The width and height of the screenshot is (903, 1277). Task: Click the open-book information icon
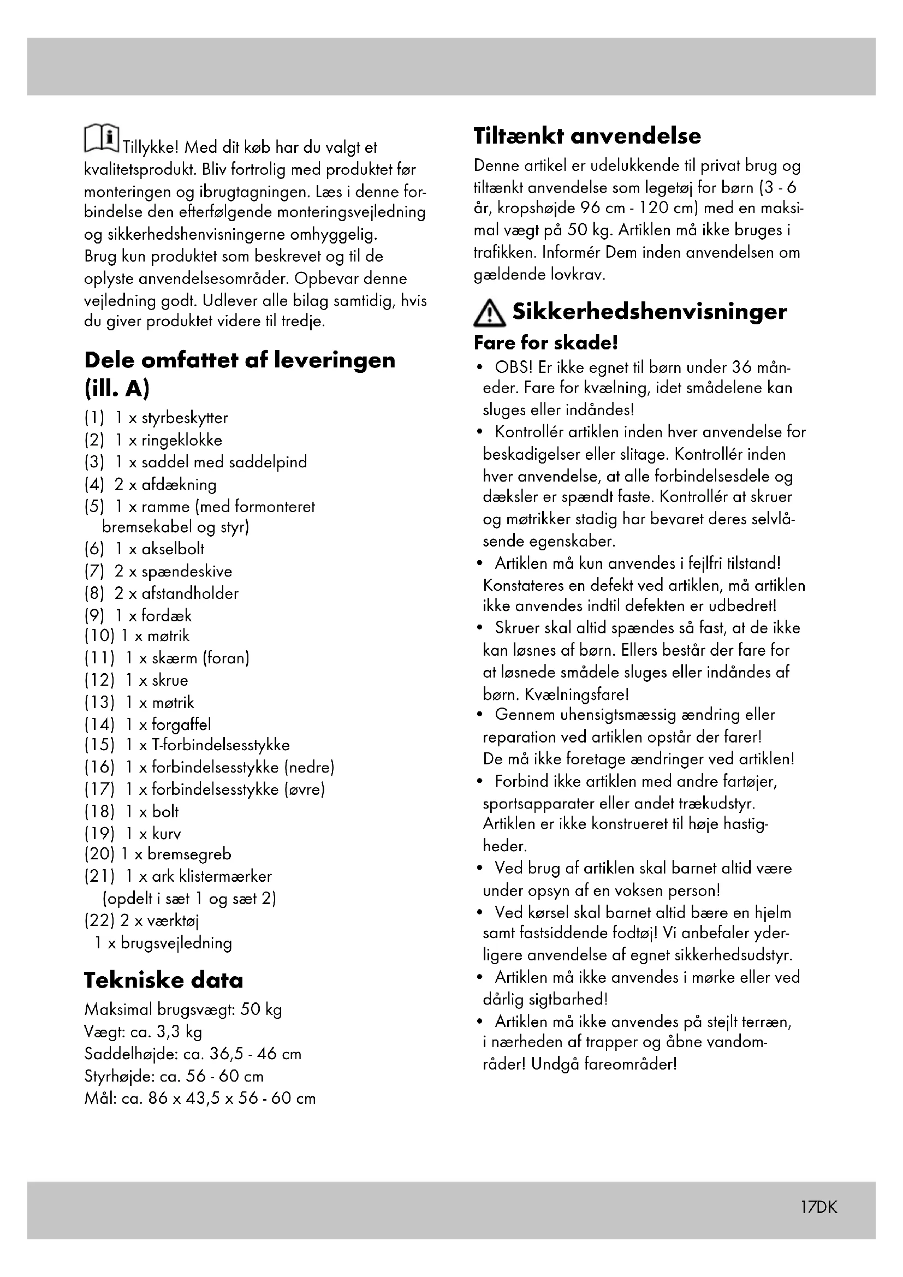pos(101,139)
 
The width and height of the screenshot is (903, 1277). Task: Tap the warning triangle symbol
pos(489,314)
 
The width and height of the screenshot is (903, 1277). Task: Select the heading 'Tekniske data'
pos(163,980)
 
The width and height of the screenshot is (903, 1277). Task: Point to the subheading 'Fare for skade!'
pos(545,343)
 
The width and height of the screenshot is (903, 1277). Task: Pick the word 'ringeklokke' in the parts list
pos(181,441)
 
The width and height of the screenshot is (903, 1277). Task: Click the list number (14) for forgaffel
pos(99,724)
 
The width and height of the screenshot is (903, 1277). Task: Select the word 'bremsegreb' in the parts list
pos(189,854)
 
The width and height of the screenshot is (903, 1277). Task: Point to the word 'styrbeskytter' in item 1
pos(185,418)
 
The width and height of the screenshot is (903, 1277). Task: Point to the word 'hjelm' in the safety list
pos(773,913)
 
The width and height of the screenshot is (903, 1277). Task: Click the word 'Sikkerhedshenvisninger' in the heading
pos(650,311)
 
